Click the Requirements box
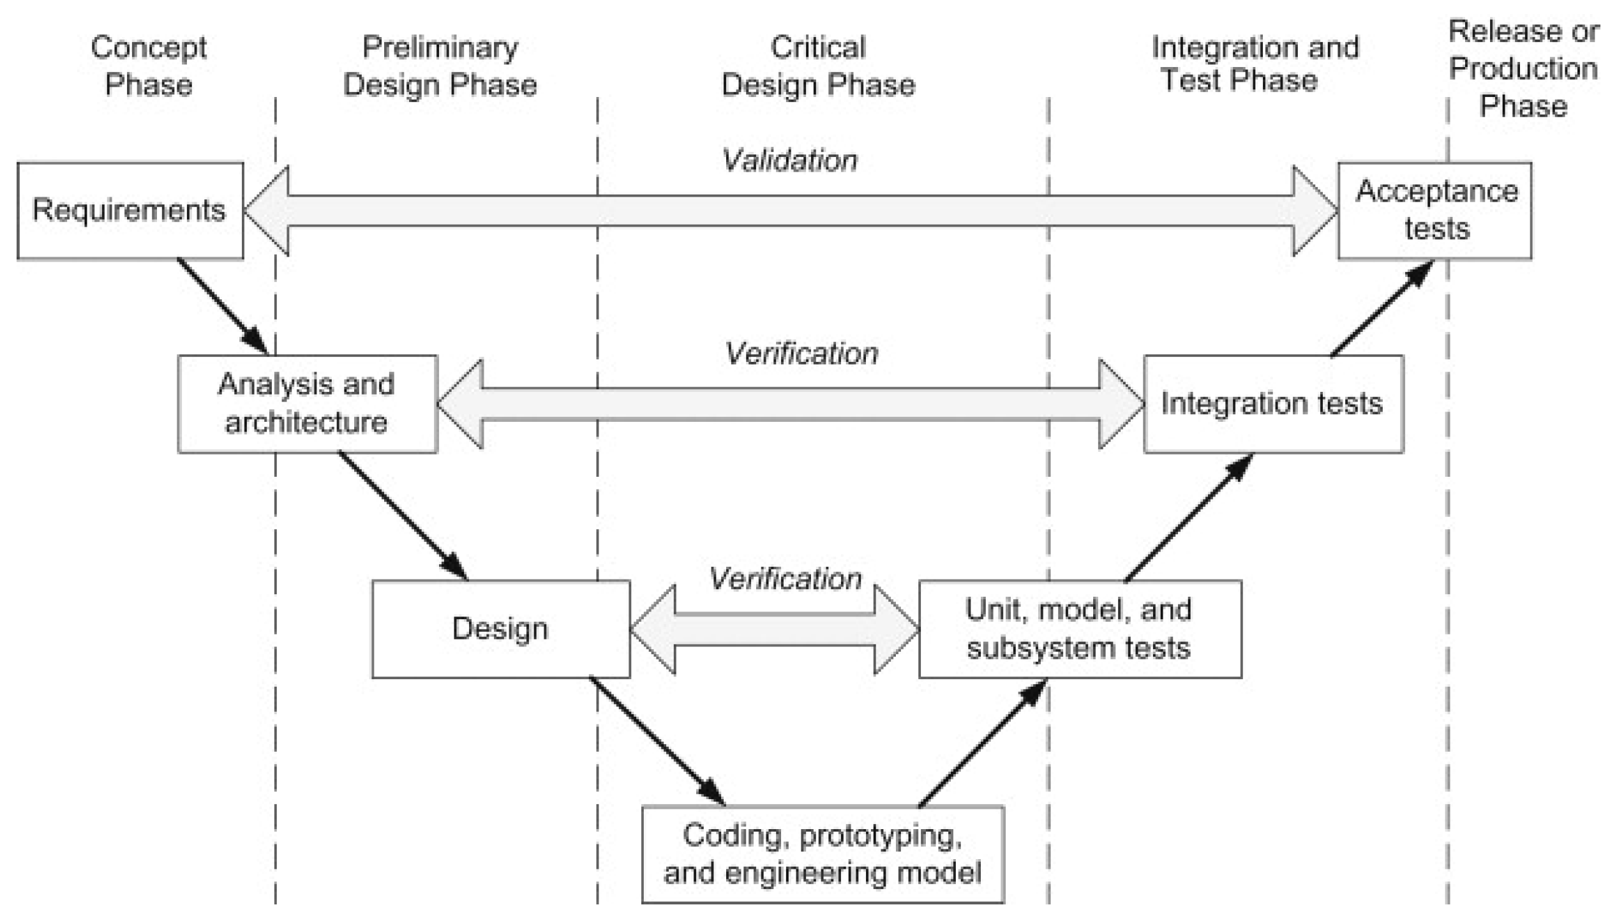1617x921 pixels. (x=130, y=211)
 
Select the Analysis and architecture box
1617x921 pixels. (x=307, y=404)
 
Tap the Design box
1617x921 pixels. (x=500, y=629)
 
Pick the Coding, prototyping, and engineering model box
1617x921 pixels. (x=823, y=854)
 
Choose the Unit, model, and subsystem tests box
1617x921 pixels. (x=1080, y=629)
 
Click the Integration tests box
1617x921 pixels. (x=1273, y=404)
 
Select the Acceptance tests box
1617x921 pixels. (x=1434, y=211)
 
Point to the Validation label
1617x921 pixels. (x=790, y=161)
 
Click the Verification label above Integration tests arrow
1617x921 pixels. (x=801, y=354)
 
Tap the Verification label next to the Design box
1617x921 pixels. (x=786, y=579)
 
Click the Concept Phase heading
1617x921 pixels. (x=149, y=66)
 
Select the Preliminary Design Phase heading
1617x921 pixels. (x=440, y=66)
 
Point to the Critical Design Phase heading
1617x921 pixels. (x=818, y=66)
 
